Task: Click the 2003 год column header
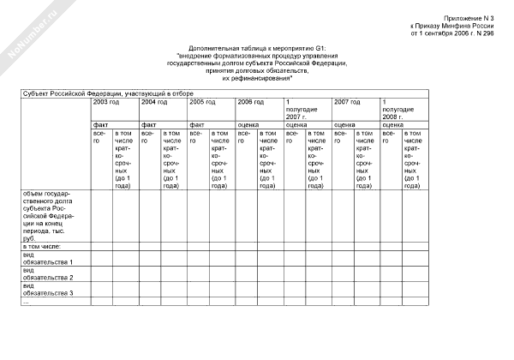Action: point(106,101)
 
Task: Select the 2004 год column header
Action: point(154,101)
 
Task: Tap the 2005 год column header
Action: point(202,101)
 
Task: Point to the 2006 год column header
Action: point(250,101)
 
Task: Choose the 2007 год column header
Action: point(346,101)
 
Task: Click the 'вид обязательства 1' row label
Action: point(48,258)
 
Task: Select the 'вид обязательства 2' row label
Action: point(48,273)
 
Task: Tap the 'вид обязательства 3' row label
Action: point(48,290)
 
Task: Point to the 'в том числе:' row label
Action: point(43,246)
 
